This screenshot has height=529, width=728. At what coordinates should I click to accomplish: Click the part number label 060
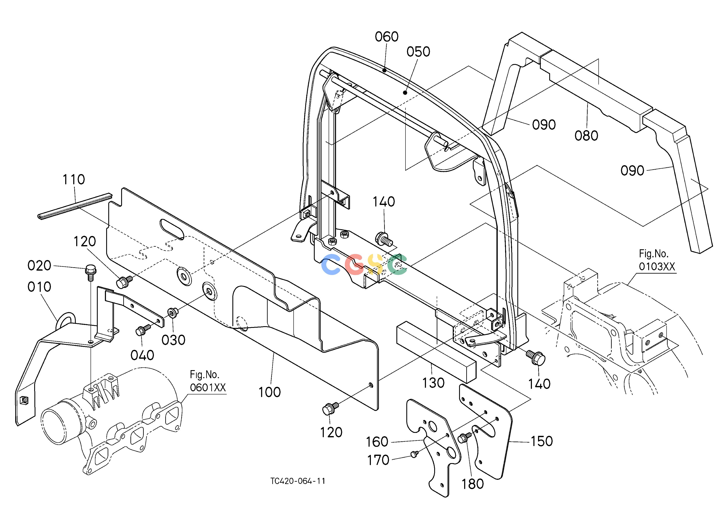386,37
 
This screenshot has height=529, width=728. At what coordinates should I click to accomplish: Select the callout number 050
418,52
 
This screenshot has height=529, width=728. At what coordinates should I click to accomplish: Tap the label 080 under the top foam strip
586,136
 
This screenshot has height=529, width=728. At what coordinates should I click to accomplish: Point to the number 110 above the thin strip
74,180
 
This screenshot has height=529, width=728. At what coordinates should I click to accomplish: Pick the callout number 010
39,287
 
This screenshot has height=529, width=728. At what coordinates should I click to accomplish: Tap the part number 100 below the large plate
270,392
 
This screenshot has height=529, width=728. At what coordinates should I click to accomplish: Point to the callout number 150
541,441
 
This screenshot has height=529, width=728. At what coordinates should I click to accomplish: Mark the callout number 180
473,484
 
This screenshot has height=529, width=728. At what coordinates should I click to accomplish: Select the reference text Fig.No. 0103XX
657,260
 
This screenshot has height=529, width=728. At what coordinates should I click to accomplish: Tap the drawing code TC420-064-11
298,481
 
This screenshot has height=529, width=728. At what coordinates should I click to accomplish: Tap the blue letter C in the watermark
331,264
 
